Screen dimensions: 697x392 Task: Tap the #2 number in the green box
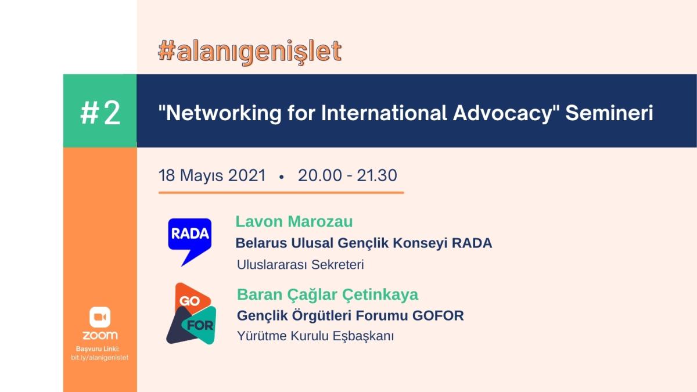(x=100, y=113)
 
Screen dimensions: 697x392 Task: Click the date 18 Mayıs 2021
(x=212, y=175)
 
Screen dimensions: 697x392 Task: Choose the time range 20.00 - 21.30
(x=347, y=175)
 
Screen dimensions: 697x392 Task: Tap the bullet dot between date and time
(x=282, y=177)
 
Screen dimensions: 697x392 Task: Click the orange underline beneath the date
(x=281, y=193)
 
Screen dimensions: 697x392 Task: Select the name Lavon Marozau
(x=294, y=222)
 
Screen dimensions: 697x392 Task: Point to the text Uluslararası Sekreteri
(x=300, y=265)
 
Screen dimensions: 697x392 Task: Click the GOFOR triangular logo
(x=191, y=313)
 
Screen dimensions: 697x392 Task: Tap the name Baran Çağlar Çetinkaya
(x=328, y=294)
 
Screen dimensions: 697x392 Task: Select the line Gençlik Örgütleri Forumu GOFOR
(x=350, y=315)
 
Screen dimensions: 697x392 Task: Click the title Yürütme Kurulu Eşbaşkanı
(x=315, y=336)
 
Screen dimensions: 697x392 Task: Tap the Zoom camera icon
(x=100, y=317)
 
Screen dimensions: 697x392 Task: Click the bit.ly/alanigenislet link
(x=99, y=358)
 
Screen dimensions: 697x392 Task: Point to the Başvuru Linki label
(x=98, y=349)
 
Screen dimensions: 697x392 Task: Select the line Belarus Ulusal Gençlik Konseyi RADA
(x=364, y=243)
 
